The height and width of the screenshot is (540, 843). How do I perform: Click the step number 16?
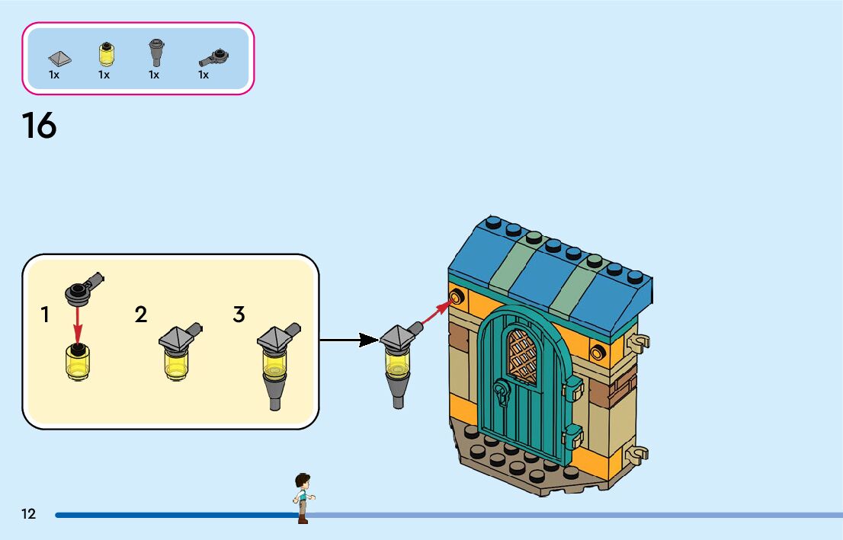coord(39,126)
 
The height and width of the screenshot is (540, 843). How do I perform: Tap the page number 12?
coord(28,514)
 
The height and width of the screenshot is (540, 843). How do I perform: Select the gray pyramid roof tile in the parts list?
coord(59,58)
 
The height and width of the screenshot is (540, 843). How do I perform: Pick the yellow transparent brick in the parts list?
coord(107,54)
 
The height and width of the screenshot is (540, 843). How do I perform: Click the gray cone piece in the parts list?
coord(156,52)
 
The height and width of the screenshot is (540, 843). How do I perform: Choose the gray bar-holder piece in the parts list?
coord(214,57)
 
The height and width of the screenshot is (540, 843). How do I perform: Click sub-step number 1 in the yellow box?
coord(45,315)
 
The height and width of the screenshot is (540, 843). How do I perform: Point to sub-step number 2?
coord(141,315)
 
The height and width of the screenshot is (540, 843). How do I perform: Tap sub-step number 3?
coord(239,315)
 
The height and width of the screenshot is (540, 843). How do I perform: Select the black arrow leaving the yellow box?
coord(349,340)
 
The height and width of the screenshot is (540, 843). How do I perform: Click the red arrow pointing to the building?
coord(438,313)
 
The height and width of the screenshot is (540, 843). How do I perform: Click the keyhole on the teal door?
coord(502,393)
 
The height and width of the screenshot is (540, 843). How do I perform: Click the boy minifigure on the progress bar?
coord(303,498)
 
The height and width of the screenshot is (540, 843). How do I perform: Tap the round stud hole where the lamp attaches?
coord(457,296)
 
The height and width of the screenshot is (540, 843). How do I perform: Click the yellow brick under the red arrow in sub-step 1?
coord(78,362)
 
